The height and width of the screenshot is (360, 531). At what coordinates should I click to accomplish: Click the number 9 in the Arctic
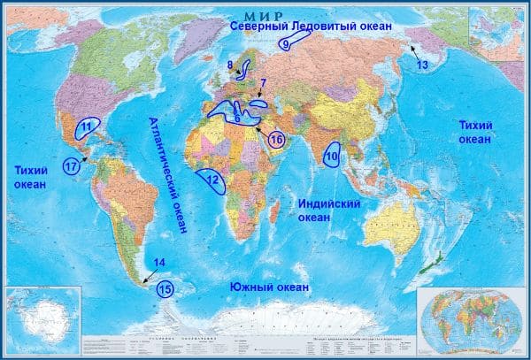click(x=285, y=43)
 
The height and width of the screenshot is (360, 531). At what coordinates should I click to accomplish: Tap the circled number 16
click(x=276, y=140)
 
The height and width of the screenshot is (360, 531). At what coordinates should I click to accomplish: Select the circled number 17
click(x=72, y=165)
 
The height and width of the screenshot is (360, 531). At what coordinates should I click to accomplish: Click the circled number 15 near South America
click(x=165, y=288)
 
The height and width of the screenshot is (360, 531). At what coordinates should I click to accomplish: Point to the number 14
click(x=158, y=263)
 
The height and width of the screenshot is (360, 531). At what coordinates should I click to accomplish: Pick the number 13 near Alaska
click(x=422, y=65)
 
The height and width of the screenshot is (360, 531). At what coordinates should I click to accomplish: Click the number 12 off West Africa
click(x=212, y=181)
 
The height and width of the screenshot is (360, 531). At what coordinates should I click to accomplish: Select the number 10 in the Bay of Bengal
click(x=331, y=157)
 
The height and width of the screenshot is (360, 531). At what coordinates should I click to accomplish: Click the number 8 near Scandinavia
click(x=230, y=65)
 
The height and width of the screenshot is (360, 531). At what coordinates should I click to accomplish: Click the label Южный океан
click(x=269, y=287)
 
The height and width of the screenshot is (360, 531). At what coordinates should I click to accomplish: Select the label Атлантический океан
click(x=168, y=175)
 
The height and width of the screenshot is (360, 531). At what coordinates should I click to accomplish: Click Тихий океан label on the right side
click(x=475, y=133)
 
